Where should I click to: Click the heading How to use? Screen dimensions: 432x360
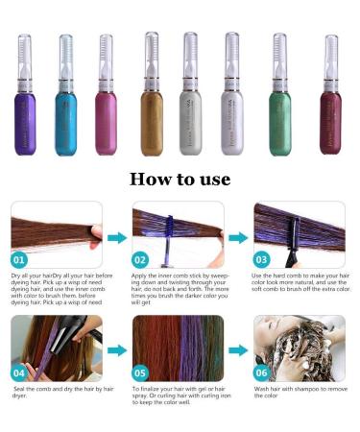coord(180,180)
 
